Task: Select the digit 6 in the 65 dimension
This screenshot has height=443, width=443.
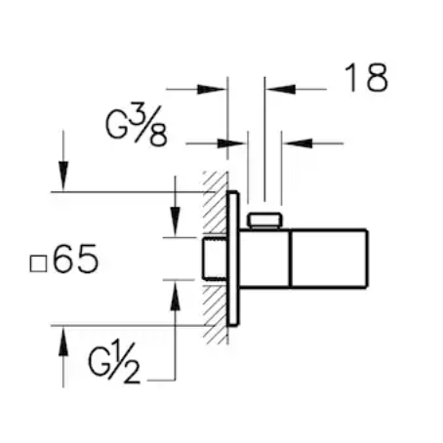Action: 64,262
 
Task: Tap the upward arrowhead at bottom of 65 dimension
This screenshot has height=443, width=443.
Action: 62,341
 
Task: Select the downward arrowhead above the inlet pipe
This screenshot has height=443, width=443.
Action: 174,223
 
